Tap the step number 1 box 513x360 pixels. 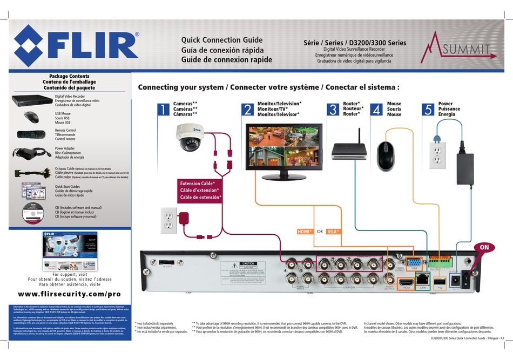(161, 110)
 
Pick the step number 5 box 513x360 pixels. (428, 110)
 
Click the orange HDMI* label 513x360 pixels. (305, 232)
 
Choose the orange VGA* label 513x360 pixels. (333, 232)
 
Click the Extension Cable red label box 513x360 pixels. (201, 191)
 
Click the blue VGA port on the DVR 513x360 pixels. (414, 263)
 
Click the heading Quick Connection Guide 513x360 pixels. (222, 40)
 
